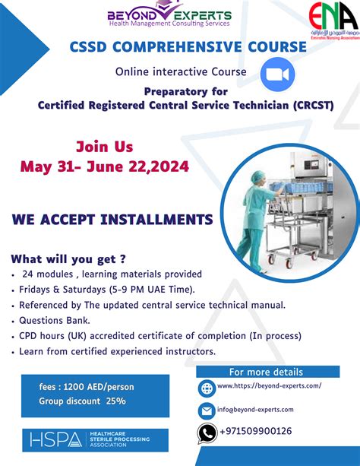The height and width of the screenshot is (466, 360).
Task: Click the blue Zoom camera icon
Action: [x=276, y=76]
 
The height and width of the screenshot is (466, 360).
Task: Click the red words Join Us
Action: [x=104, y=147]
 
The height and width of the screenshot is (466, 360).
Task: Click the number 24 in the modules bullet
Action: [x=29, y=274]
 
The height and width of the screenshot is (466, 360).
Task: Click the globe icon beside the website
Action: [x=207, y=388]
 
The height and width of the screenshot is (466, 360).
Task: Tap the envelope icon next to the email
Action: [x=207, y=411]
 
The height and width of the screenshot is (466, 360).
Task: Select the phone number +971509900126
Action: [x=254, y=432]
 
